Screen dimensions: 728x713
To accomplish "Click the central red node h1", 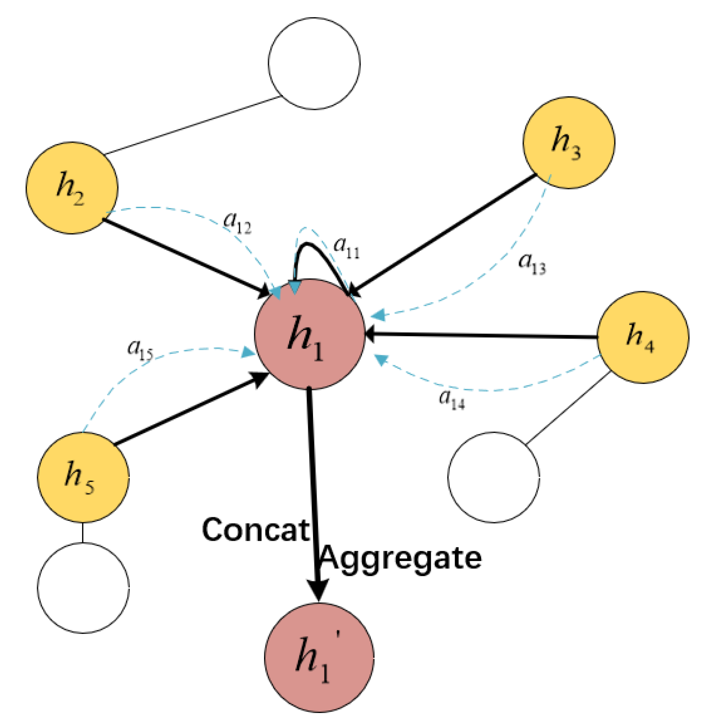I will pyautogui.click(x=309, y=335).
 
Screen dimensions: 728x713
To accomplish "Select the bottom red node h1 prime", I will pyautogui.click(x=319, y=657).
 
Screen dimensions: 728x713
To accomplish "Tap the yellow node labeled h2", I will pyautogui.click(x=72, y=188).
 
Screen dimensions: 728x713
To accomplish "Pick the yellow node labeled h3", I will pyautogui.click(x=568, y=143).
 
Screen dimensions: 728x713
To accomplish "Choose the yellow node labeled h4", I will pyautogui.click(x=642, y=337).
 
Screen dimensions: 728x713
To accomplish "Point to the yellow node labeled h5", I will pyautogui.click(x=83, y=477).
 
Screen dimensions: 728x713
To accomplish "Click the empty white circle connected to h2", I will pyautogui.click(x=314, y=63).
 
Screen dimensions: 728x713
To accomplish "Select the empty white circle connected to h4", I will pyautogui.click(x=493, y=477).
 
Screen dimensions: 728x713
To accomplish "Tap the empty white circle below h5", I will pyautogui.click(x=83, y=588).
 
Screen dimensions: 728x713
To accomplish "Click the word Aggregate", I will pyautogui.click(x=400, y=559).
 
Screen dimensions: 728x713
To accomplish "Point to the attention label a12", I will pyautogui.click(x=237, y=222).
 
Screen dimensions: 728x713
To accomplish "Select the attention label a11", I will pyautogui.click(x=347, y=247).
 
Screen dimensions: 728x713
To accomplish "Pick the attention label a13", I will pyautogui.click(x=532, y=264).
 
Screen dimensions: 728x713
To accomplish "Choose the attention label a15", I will pyautogui.click(x=140, y=350).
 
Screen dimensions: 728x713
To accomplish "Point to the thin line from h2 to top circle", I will pyautogui.click(x=192, y=125).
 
